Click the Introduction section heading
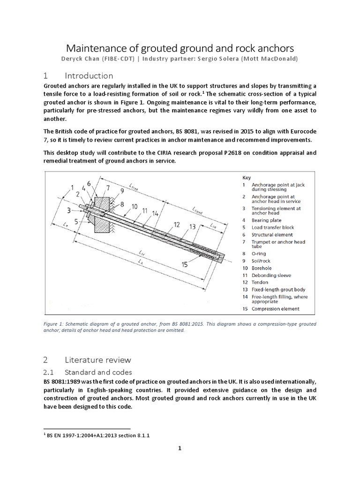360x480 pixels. [x=89, y=75]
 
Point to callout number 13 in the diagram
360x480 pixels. [x=192, y=227]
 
